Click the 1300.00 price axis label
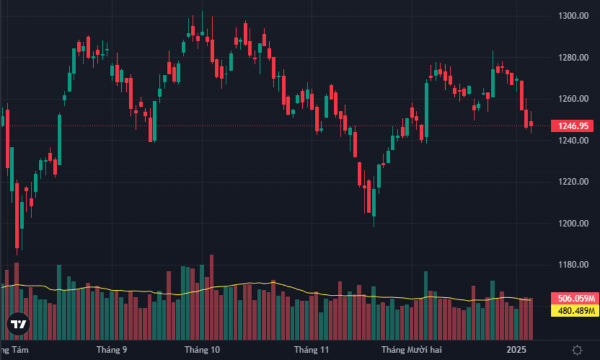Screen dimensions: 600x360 pos(573,15)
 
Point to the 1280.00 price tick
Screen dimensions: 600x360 pos(573,57)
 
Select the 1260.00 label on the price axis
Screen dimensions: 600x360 pos(573,99)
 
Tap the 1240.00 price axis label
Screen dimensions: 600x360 pos(573,141)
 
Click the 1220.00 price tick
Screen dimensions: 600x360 pos(573,182)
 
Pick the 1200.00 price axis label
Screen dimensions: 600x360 pos(573,223)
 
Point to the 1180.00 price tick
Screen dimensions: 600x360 pos(573,265)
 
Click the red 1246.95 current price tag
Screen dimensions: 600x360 pos(572,126)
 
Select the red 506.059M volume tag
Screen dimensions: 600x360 pos(575,298)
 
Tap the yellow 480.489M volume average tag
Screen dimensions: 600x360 pos(575,311)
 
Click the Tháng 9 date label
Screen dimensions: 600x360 pos(112,350)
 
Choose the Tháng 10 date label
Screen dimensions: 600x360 pos(202,350)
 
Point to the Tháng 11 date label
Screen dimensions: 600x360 pos(311,350)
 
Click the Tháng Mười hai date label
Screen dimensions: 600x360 pos(412,350)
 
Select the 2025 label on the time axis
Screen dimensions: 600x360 pos(516,350)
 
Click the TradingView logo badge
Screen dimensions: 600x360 pos(18,324)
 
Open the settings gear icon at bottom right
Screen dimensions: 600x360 pos(577,350)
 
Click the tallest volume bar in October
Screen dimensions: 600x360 pos(211,297)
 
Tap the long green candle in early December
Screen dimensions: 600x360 pos(426,110)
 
